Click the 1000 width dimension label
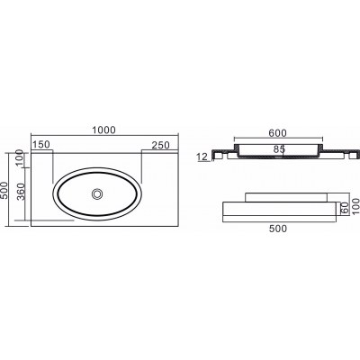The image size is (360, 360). coord(103,130)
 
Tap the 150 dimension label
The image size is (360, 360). coord(41,145)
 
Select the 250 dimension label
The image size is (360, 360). coord(160,145)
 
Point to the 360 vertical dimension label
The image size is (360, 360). coord(22,191)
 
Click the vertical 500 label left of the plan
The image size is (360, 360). coord(4,191)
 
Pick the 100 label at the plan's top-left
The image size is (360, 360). coord(20,157)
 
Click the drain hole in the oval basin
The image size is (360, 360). coord(97,193)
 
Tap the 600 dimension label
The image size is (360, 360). coord(277,133)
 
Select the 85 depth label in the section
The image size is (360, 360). coord(279,149)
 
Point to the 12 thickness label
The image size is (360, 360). coord(202,157)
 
